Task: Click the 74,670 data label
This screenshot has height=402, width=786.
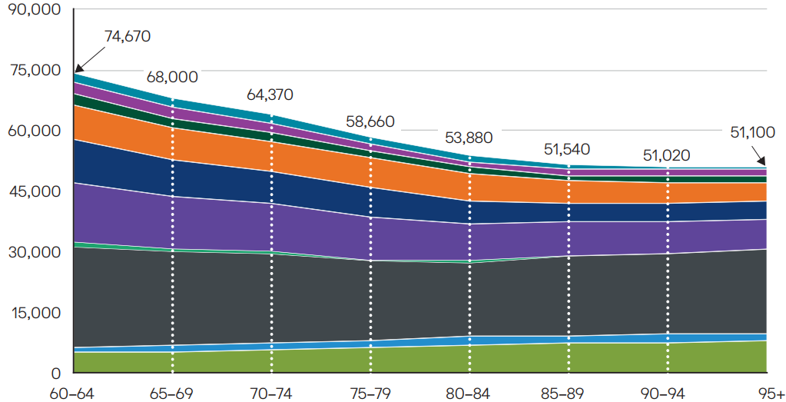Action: coord(128,35)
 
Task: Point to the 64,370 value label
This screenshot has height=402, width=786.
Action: coord(270,95)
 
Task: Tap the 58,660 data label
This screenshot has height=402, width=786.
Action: coord(370,121)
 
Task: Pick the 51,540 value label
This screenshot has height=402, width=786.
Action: coord(569,149)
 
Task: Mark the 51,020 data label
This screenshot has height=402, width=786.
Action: coord(666,156)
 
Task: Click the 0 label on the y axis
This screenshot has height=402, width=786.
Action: coord(55,374)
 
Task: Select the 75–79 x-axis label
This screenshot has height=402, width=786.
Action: coord(370,394)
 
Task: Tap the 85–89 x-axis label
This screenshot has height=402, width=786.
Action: coord(568,394)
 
